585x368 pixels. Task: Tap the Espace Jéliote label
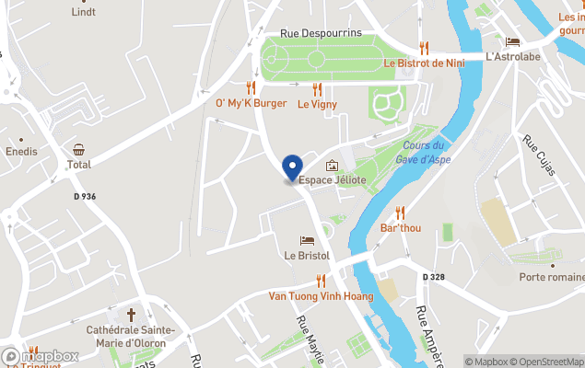point(333,180)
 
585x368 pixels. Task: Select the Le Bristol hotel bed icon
point(308,240)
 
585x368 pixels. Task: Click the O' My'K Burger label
point(252,104)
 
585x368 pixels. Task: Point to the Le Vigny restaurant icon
point(317,89)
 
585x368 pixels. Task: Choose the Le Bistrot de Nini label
point(423,63)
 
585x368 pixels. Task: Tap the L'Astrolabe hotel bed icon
point(512,41)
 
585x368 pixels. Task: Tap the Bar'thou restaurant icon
point(400,213)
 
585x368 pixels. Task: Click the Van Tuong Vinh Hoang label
point(321,296)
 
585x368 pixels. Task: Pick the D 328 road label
point(435,277)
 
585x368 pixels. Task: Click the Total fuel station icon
point(79,150)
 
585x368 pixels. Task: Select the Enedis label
point(21,151)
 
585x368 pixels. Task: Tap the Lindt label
point(84,12)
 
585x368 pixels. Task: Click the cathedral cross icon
point(131,315)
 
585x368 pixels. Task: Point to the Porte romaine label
point(551,277)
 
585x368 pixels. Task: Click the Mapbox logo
point(41,356)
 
